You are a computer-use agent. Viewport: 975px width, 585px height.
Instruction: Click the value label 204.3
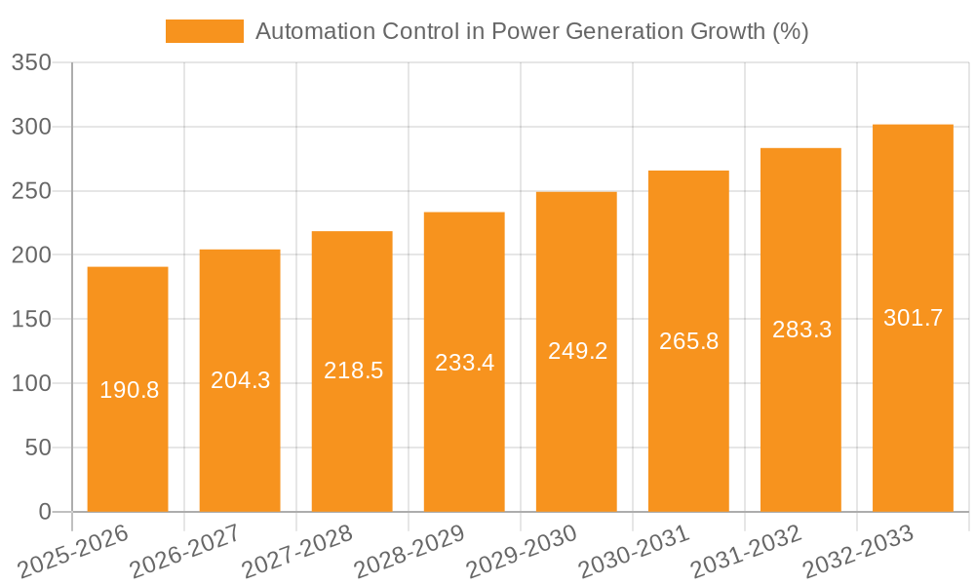click(241, 380)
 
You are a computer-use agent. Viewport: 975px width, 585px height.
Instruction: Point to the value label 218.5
click(353, 370)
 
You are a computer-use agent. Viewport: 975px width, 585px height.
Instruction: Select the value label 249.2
click(577, 351)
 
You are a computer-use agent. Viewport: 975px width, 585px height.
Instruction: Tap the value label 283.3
click(801, 330)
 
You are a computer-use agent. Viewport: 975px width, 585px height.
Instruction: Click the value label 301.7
click(913, 318)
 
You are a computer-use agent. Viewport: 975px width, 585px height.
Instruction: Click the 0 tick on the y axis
click(45, 512)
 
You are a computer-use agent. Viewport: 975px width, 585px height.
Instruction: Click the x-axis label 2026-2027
click(185, 551)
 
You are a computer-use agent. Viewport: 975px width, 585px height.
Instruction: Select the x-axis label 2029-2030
click(522, 551)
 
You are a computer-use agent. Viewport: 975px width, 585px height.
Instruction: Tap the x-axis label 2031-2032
click(746, 551)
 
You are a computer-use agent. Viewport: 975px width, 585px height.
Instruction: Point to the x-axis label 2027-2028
click(297, 551)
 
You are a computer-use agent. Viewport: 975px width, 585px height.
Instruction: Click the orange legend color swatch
click(205, 31)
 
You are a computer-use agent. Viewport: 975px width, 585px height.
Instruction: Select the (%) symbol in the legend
click(790, 31)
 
